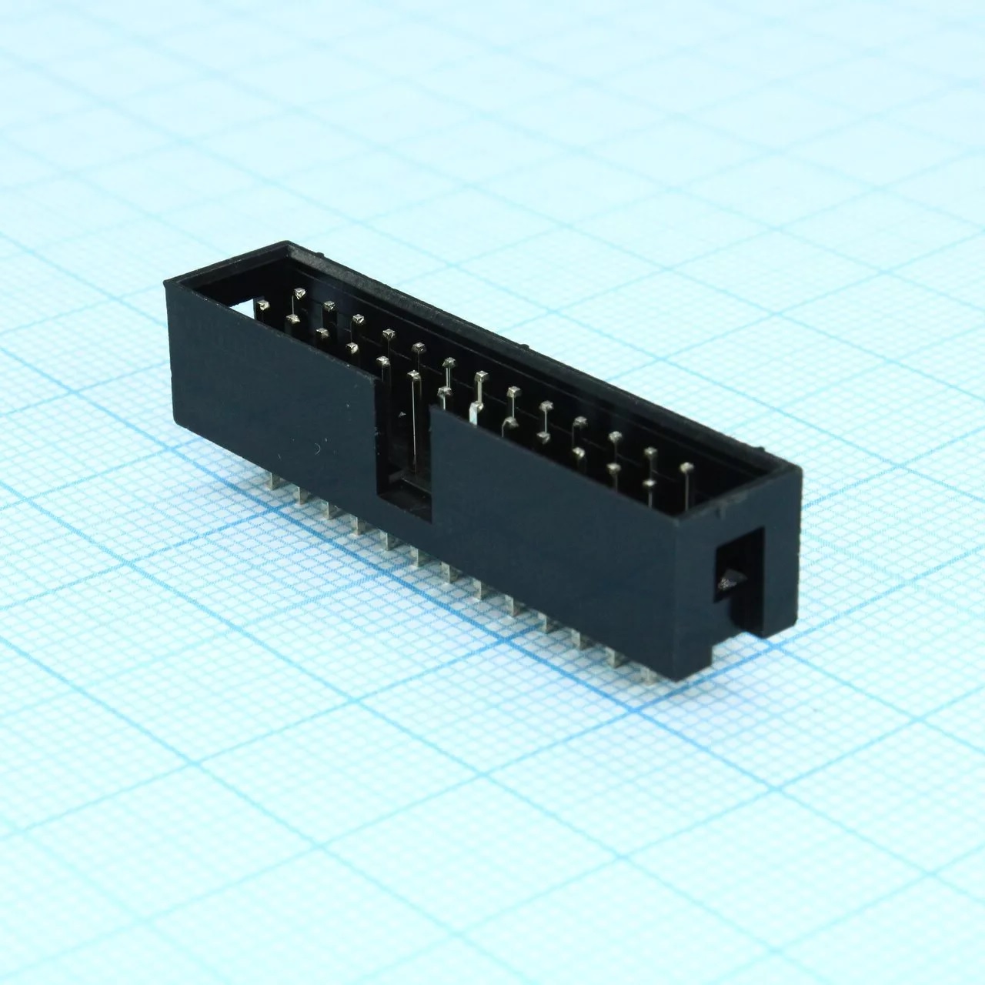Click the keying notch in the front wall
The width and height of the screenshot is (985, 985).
tap(402, 439)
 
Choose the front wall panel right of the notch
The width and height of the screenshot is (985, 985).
tap(554, 523)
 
